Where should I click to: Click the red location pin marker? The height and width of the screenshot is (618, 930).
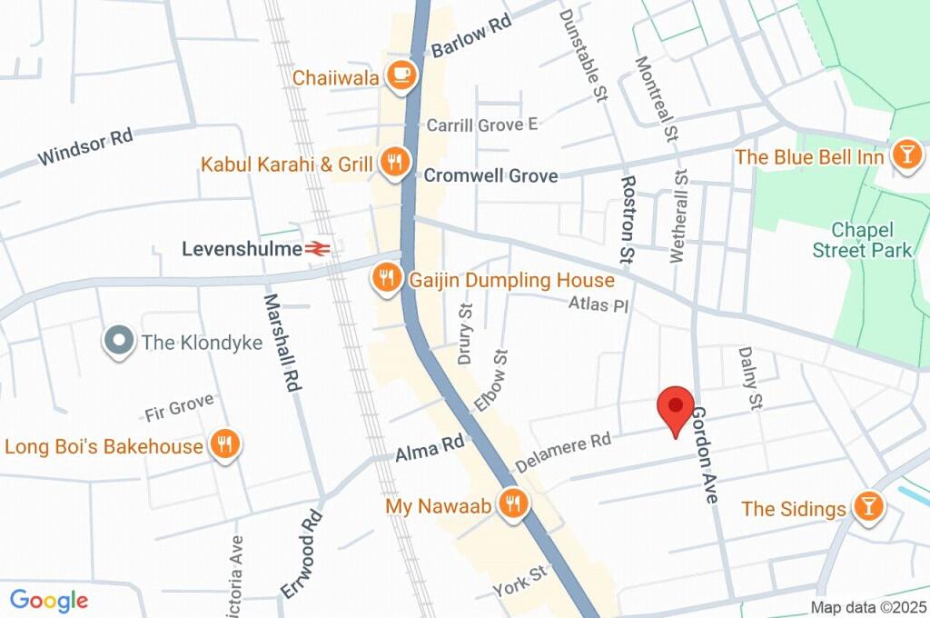click(x=675, y=410)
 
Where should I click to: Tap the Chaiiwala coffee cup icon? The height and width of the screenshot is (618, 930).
click(x=401, y=76)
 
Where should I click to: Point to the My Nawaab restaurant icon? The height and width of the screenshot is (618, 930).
click(x=514, y=504)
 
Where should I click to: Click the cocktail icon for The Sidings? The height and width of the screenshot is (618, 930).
click(x=867, y=507)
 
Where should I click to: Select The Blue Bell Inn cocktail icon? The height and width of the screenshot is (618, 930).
click(x=905, y=155)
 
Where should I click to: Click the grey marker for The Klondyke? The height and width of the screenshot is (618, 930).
click(x=117, y=342)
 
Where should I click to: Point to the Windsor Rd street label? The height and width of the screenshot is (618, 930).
click(x=85, y=148)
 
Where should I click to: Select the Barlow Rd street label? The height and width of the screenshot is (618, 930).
click(x=471, y=37)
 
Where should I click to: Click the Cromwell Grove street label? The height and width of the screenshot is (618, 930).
click(x=490, y=175)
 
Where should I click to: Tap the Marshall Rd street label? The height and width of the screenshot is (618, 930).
click(x=282, y=342)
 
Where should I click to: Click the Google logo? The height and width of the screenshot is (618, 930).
click(x=48, y=601)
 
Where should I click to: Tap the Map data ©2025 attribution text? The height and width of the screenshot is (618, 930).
click(x=867, y=607)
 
